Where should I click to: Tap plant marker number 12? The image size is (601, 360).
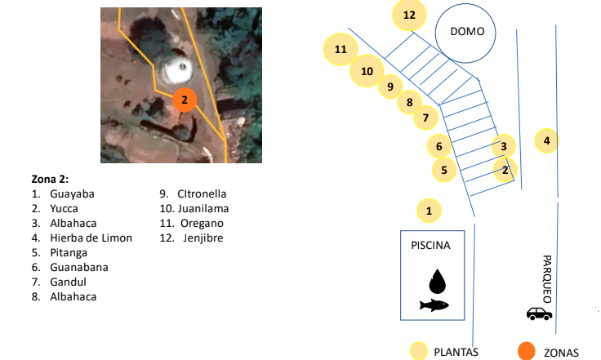click(x=409, y=15)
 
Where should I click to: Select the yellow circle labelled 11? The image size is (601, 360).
click(x=341, y=50)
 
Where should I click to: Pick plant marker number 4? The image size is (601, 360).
click(x=546, y=140)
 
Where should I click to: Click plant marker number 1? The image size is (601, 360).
click(x=428, y=211)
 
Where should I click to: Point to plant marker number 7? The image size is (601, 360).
click(x=425, y=119)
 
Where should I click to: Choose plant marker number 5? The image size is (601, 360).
click(x=443, y=170)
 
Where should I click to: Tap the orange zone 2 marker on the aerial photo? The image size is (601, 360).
click(x=185, y=100)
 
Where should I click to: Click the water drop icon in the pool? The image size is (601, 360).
click(x=438, y=281)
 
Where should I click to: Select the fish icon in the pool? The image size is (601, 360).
click(x=434, y=305)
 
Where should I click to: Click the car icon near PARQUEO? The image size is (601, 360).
click(x=538, y=313)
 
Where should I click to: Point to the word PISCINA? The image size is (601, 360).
click(x=430, y=245)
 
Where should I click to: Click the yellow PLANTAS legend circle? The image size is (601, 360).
click(x=419, y=351)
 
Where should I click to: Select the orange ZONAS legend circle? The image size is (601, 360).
click(x=528, y=351)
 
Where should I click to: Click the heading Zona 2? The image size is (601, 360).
click(x=50, y=180)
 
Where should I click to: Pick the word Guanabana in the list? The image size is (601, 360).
click(x=78, y=267)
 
